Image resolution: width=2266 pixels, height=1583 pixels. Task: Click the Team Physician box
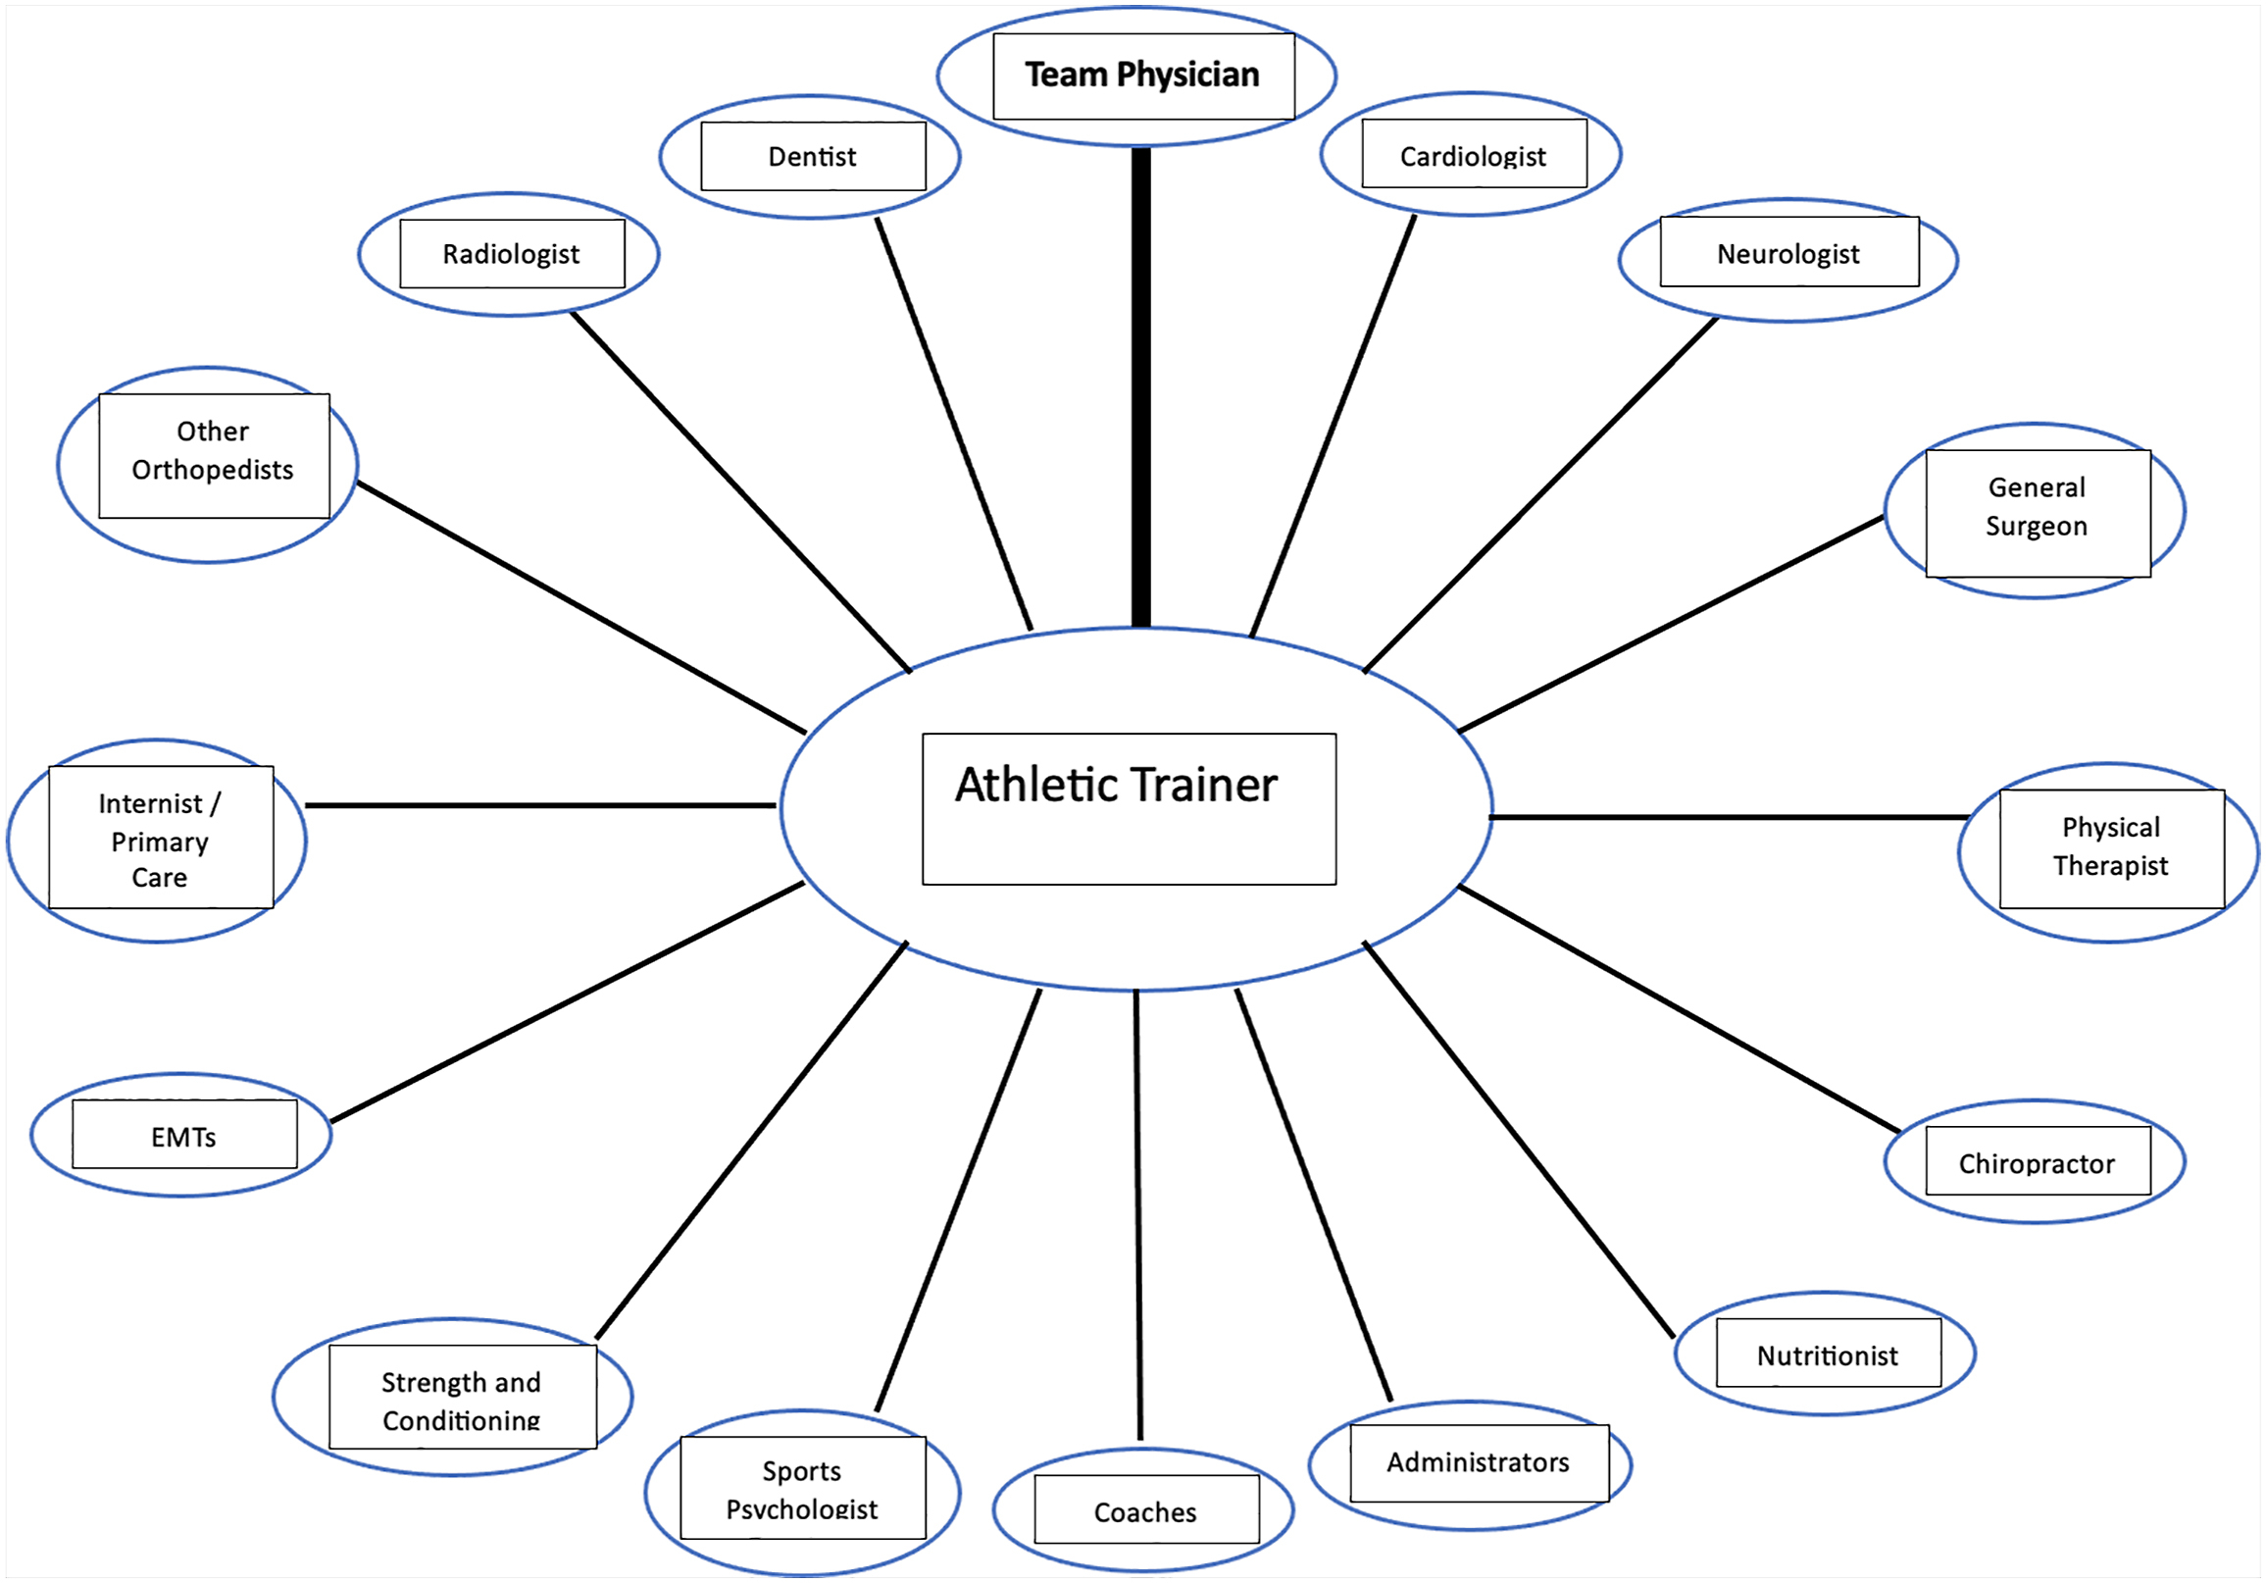pos(1143,76)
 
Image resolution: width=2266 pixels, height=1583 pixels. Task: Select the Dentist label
pos(812,156)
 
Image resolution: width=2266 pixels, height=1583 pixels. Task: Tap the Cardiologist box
pos(1474,155)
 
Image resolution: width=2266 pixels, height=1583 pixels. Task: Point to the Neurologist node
pos(1788,254)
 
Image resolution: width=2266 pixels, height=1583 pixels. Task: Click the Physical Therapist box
pos(2111,846)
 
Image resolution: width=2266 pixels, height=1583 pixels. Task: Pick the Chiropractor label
pos(2037,1163)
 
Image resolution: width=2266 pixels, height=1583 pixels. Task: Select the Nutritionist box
pos(1828,1355)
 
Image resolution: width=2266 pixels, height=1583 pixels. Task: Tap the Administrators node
pos(1479,1461)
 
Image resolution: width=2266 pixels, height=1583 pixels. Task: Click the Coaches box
pos(1146,1511)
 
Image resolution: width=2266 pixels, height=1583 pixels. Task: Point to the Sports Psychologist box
pos(802,1488)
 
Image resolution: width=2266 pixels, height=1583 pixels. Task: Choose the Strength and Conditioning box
pos(462,1399)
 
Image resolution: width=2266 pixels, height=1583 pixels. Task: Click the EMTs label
pos(183,1137)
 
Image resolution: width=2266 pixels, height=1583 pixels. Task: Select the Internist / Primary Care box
pos(160,839)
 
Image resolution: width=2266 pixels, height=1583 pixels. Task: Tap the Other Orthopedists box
pos(213,452)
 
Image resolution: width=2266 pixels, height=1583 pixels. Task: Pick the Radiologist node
pos(511,254)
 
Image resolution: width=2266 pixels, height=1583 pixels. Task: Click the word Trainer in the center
pos(1204,786)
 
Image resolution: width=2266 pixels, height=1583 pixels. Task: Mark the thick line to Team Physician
pos(1141,384)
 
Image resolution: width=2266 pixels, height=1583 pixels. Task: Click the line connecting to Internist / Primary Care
pos(541,805)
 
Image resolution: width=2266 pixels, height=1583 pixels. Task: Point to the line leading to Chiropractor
pos(1678,1008)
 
